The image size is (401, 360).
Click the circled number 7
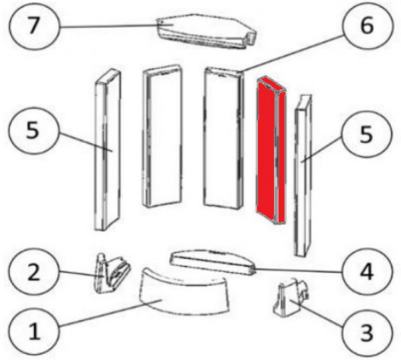(34, 25)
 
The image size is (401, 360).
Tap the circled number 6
(367, 25)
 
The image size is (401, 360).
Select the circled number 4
(367, 273)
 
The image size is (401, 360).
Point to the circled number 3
(367, 333)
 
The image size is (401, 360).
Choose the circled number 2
(34, 273)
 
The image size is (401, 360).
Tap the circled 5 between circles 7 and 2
(34, 130)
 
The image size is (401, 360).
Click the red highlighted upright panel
(271, 150)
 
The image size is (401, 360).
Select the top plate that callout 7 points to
(206, 31)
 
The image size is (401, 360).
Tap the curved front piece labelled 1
(183, 291)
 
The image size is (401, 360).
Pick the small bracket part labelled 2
(112, 273)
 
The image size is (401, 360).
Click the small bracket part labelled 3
(291, 298)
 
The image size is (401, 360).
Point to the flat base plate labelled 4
(213, 262)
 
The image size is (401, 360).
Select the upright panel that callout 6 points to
(223, 138)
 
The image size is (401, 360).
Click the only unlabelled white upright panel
(162, 136)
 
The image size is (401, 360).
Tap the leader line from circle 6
(291, 53)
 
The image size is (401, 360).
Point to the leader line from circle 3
(317, 313)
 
